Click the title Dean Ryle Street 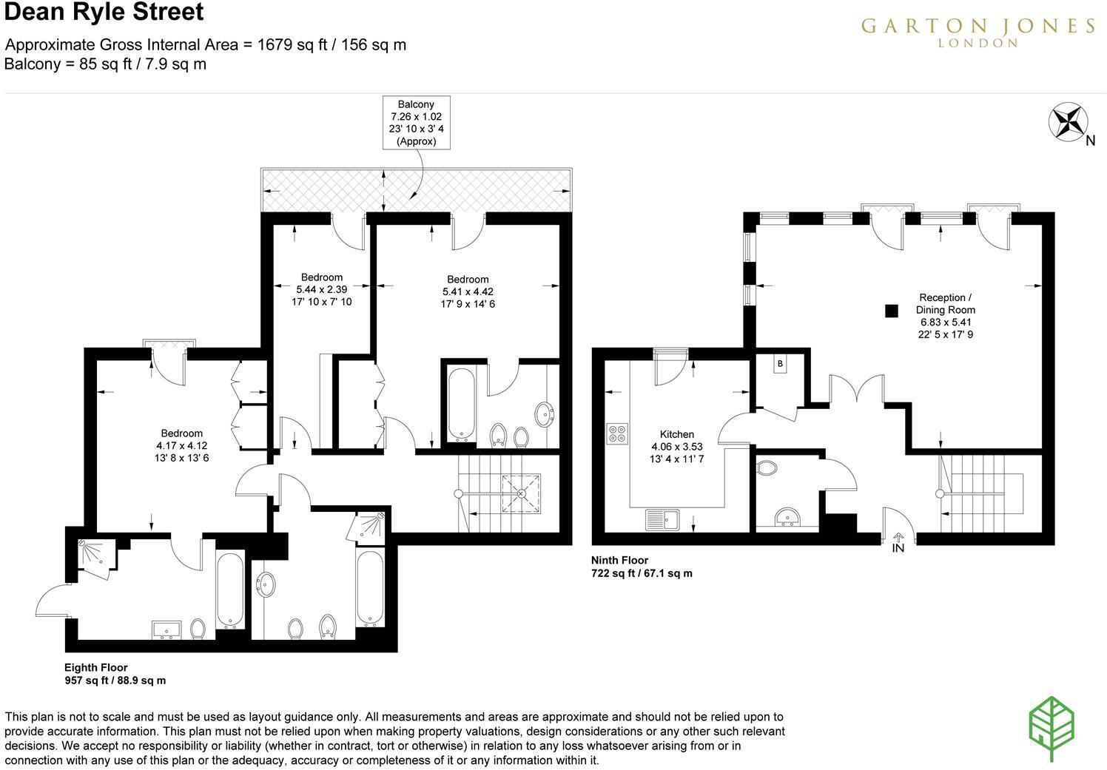pos(104,13)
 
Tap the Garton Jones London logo pos(977,31)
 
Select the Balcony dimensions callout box pos(416,123)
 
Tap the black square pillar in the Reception pos(892,311)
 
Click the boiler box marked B pos(780,365)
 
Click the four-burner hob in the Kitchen pos(617,433)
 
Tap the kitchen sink pos(662,519)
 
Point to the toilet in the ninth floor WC pos(767,468)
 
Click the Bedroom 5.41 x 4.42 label pos(467,291)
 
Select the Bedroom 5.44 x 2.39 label pos(321,290)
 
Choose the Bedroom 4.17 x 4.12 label pos(181,445)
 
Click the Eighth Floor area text pos(115,674)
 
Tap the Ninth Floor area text pos(641,567)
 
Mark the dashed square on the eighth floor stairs pos(522,493)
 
